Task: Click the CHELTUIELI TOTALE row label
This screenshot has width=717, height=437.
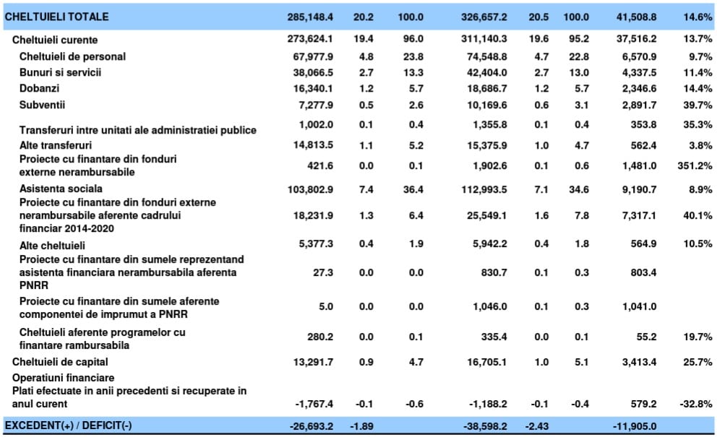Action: click(56, 17)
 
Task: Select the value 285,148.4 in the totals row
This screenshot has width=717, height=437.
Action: click(310, 17)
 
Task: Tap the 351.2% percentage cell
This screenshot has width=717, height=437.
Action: click(695, 165)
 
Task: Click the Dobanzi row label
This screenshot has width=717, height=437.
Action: click(39, 88)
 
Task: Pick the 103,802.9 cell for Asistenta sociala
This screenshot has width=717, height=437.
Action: click(310, 189)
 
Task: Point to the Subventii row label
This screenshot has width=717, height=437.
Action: click(42, 105)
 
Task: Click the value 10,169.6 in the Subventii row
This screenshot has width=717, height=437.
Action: click(486, 105)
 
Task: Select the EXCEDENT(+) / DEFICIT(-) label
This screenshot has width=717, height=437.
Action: click(68, 425)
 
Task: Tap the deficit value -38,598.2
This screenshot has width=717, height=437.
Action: click(485, 426)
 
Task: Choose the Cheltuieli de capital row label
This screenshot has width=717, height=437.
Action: click(60, 362)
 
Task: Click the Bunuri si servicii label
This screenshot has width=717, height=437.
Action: click(61, 72)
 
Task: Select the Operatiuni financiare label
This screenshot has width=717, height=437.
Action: click(63, 378)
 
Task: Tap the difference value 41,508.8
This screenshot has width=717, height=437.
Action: click(636, 17)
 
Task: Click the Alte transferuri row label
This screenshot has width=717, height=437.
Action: click(56, 145)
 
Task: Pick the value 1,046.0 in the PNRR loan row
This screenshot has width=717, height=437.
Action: click(490, 307)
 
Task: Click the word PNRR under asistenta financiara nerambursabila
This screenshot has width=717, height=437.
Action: click(34, 285)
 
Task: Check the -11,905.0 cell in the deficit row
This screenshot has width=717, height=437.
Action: click(635, 426)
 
